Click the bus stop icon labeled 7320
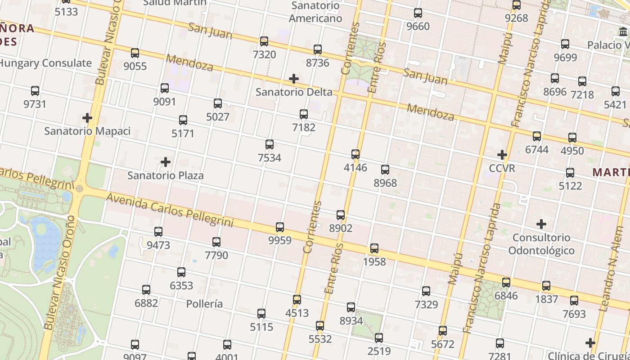[264, 41]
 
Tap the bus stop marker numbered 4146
[355, 154]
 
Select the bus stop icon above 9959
[280, 227]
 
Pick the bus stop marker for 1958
[374, 248]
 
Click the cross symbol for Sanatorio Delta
[294, 79]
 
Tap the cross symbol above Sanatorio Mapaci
[87, 118]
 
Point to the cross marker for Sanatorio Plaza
[166, 162]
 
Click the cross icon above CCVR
[502, 155]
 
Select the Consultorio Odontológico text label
[541, 244]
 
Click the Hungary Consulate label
[45, 63]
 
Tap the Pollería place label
[204, 304]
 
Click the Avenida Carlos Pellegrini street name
[170, 209]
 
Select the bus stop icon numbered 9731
[35, 91]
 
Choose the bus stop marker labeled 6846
[506, 283]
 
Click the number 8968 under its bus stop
[385, 183]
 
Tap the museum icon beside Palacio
[623, 32]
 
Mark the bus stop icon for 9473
[158, 232]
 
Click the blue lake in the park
[45, 238]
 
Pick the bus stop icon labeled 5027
[218, 103]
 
